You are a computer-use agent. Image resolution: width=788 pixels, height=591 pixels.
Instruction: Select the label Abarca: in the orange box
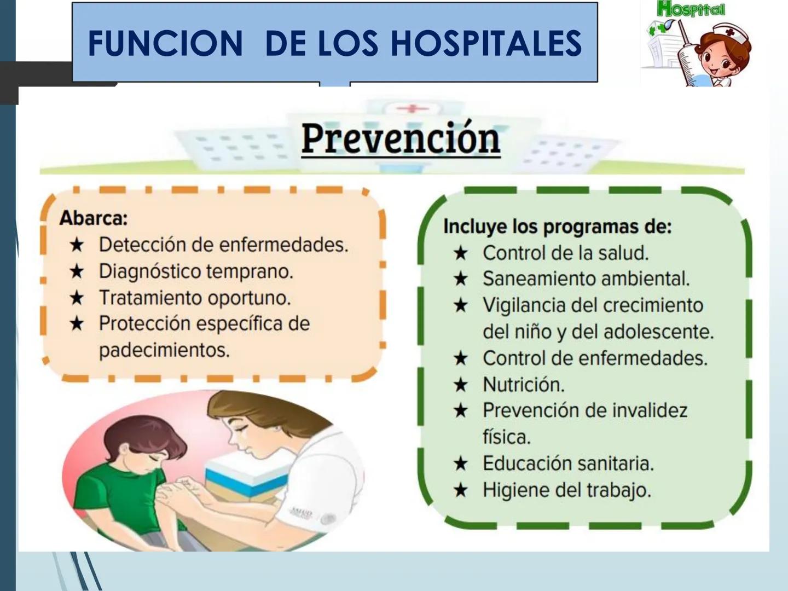(x=94, y=218)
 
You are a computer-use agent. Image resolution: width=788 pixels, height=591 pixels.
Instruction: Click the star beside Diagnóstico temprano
(x=77, y=271)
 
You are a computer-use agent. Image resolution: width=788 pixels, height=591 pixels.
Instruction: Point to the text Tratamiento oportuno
(x=195, y=298)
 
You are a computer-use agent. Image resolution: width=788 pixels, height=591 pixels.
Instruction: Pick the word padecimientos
(x=164, y=350)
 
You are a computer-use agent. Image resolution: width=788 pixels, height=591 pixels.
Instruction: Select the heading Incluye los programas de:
(x=557, y=226)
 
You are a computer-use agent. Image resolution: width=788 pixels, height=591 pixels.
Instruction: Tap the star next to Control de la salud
(x=461, y=253)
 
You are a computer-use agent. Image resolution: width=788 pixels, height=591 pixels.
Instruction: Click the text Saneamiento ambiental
(x=586, y=279)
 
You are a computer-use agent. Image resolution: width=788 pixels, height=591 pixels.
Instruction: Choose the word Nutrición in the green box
(x=523, y=385)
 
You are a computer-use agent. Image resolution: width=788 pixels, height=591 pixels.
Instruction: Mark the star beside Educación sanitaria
(x=461, y=463)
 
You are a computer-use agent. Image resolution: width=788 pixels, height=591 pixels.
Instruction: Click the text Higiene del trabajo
(x=567, y=490)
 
